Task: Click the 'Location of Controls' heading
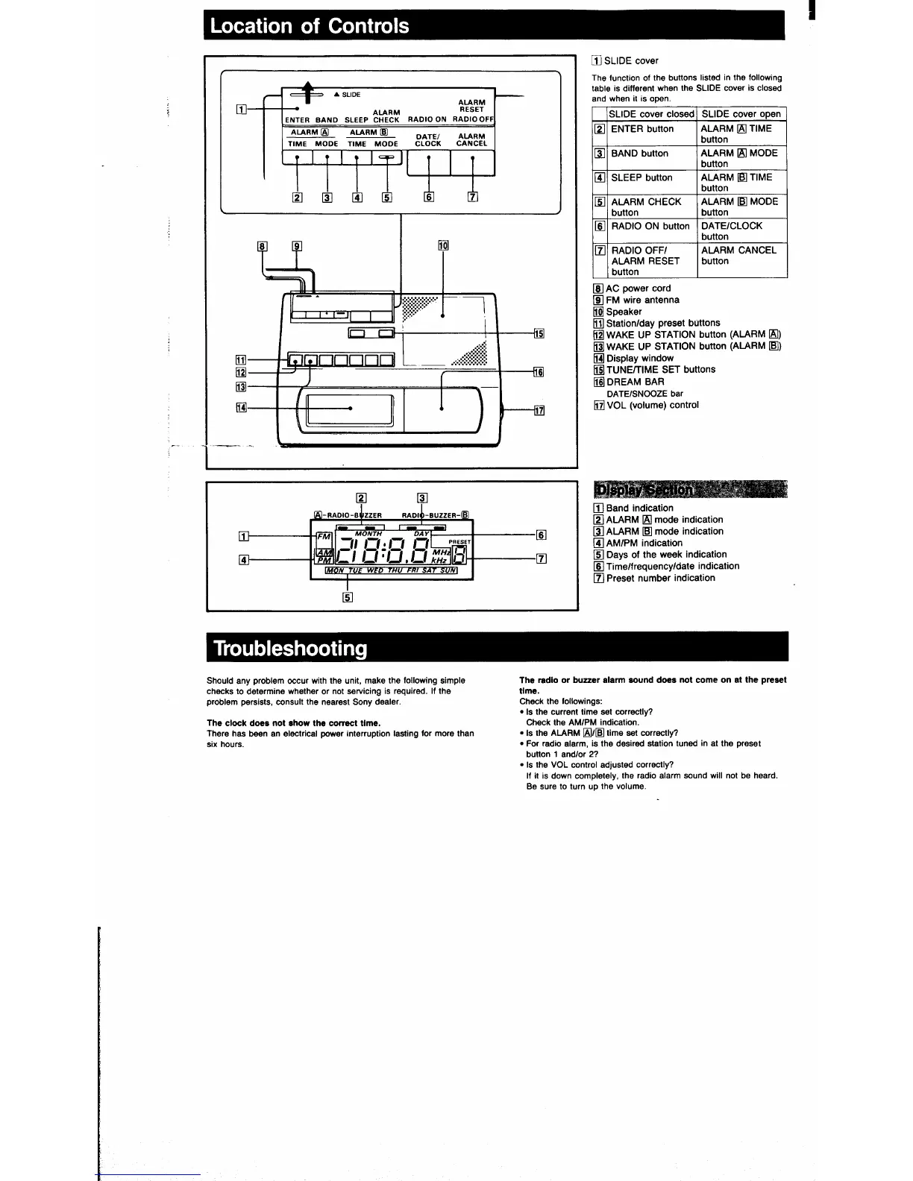tap(310, 26)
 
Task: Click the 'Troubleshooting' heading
tap(291, 648)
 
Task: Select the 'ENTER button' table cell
tap(642, 129)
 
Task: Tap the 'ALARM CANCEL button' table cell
tap(738, 255)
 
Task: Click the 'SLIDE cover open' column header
tap(741, 114)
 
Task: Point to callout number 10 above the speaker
tap(443, 245)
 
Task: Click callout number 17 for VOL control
tap(539, 409)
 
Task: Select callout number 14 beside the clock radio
tap(241, 407)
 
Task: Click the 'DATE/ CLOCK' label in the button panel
tap(428, 139)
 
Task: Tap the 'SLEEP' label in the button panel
tap(357, 119)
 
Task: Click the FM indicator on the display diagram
tap(324, 536)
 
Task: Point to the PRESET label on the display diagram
tap(459, 542)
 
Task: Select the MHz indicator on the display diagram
tap(441, 551)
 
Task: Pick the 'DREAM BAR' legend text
tap(635, 382)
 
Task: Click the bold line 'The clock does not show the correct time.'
tap(293, 722)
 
